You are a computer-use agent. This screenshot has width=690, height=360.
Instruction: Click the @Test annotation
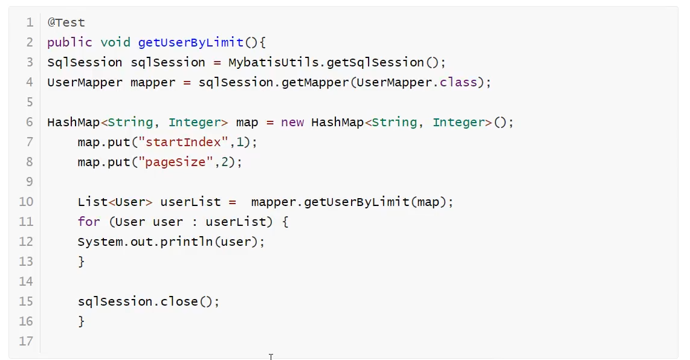pyautogui.click(x=66, y=23)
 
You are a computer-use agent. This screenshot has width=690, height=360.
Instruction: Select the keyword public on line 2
pyautogui.click(x=69, y=43)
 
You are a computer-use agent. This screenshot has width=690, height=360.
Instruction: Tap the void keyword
pyautogui.click(x=115, y=43)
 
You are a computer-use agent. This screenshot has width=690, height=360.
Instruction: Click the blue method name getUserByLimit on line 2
pyautogui.click(x=190, y=43)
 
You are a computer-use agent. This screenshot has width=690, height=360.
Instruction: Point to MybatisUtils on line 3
pyautogui.click(x=273, y=63)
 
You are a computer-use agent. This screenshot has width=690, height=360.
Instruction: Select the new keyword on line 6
pyautogui.click(x=292, y=123)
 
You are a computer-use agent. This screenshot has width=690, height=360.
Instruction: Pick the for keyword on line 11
pyautogui.click(x=88, y=222)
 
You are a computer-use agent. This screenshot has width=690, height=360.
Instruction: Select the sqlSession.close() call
pyautogui.click(x=148, y=301)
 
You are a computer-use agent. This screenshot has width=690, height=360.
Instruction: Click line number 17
pyautogui.click(x=26, y=341)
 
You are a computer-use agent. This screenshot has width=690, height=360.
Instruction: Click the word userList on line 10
pyautogui.click(x=190, y=202)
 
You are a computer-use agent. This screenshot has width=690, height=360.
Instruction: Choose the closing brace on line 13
pyautogui.click(x=82, y=262)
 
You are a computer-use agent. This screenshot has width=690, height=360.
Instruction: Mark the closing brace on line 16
pyautogui.click(x=82, y=321)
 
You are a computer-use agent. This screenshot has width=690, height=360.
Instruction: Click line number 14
pyautogui.click(x=26, y=281)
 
